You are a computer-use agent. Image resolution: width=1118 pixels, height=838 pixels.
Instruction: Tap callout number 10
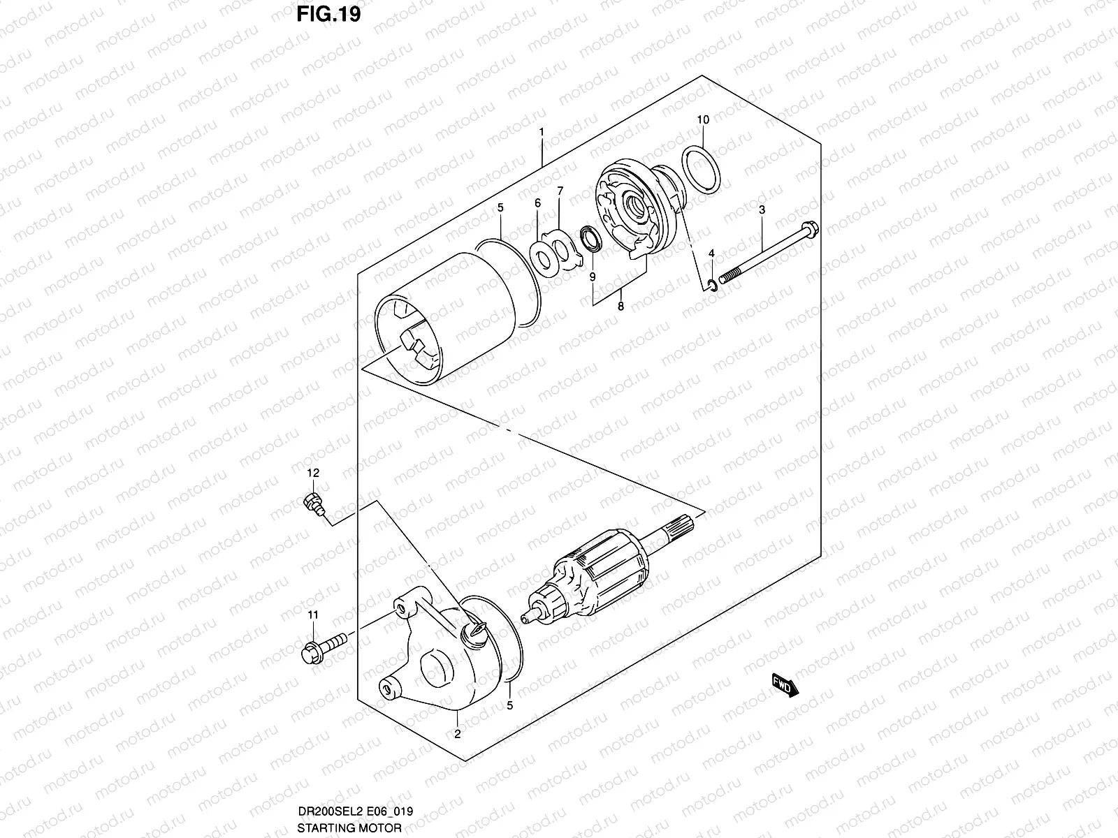pos(703,120)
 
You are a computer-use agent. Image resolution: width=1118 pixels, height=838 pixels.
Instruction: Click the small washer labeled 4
pos(711,284)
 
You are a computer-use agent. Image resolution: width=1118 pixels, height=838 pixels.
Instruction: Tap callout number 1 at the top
pos(542,133)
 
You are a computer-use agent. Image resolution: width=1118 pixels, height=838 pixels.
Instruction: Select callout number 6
pos(537,203)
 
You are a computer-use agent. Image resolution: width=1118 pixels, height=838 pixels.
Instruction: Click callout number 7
pos(560,191)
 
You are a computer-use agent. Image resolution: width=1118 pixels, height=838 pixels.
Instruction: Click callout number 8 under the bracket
pos(620,306)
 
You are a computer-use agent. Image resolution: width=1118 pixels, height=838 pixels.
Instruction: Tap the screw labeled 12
pos(312,503)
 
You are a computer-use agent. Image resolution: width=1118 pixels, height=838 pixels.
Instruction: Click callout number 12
pos(312,473)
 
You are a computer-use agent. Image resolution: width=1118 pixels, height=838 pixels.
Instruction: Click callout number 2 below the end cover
pos(457,733)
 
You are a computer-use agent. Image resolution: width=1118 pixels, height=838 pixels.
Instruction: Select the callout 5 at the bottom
pos(510,705)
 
